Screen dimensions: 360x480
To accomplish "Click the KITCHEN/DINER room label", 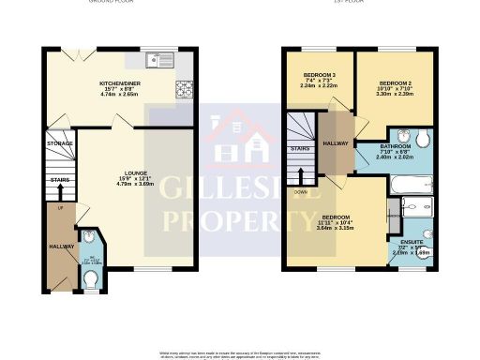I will (x=119, y=82).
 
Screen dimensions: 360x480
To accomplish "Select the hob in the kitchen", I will (x=182, y=90).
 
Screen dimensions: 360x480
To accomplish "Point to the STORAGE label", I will (x=60, y=143).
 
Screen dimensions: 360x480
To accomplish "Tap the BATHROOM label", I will (x=396, y=147).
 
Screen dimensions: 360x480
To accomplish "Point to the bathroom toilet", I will (x=423, y=140).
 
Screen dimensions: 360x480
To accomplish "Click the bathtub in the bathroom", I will (x=412, y=186).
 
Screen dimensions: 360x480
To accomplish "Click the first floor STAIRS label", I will (x=301, y=148).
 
